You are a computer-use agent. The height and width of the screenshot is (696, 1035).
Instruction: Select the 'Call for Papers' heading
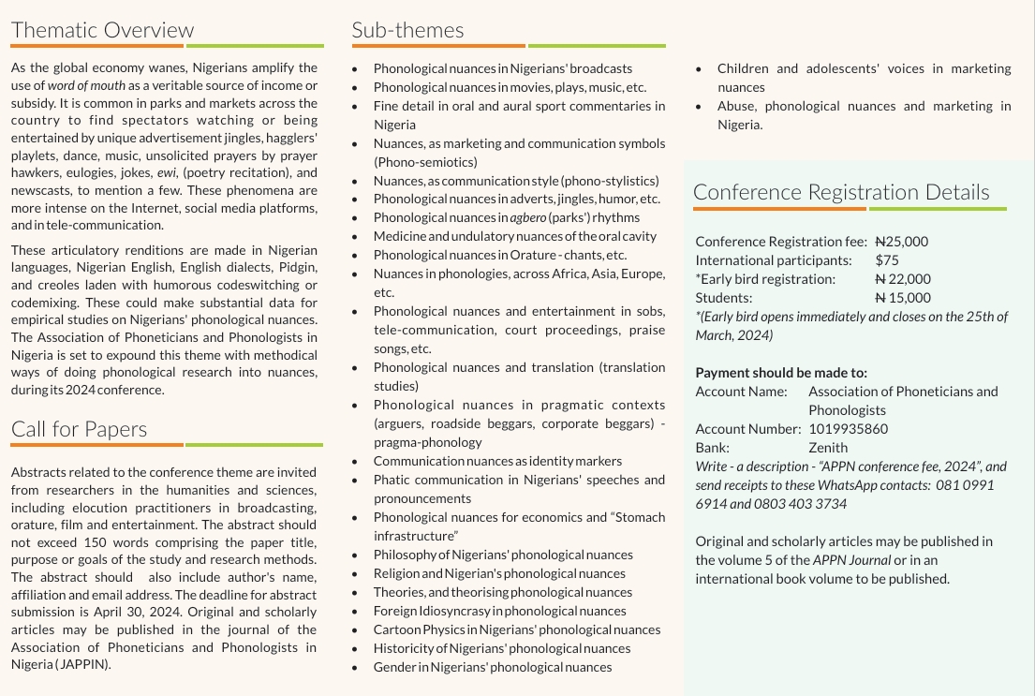pos(79,429)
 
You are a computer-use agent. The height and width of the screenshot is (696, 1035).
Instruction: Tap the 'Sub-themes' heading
pos(407,29)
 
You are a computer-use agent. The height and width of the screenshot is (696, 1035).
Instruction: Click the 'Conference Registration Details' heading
pos(841,192)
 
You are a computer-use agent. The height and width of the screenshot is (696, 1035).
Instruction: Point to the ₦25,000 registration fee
pos(901,242)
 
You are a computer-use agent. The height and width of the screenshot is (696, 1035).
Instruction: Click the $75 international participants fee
pos(887,260)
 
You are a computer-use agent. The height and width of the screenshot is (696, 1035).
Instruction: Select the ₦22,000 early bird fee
pos(903,279)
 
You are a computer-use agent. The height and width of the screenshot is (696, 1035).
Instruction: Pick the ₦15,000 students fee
pos(903,298)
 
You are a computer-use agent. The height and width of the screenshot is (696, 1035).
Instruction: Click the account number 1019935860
pos(848,429)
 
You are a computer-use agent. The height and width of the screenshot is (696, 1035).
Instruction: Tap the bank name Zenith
pos(828,448)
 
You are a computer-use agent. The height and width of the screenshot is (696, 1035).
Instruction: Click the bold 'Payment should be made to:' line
pos(781,373)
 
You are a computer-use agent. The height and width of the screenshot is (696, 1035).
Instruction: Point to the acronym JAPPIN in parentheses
pos(81,664)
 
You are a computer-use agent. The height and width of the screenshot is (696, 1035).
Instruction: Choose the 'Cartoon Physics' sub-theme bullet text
pos(517,629)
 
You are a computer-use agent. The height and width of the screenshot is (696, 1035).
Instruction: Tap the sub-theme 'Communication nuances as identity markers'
pos(497,461)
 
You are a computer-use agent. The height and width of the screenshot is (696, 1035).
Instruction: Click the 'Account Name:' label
pos(741,392)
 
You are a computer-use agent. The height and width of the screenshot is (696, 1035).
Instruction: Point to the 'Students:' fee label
pos(724,298)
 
